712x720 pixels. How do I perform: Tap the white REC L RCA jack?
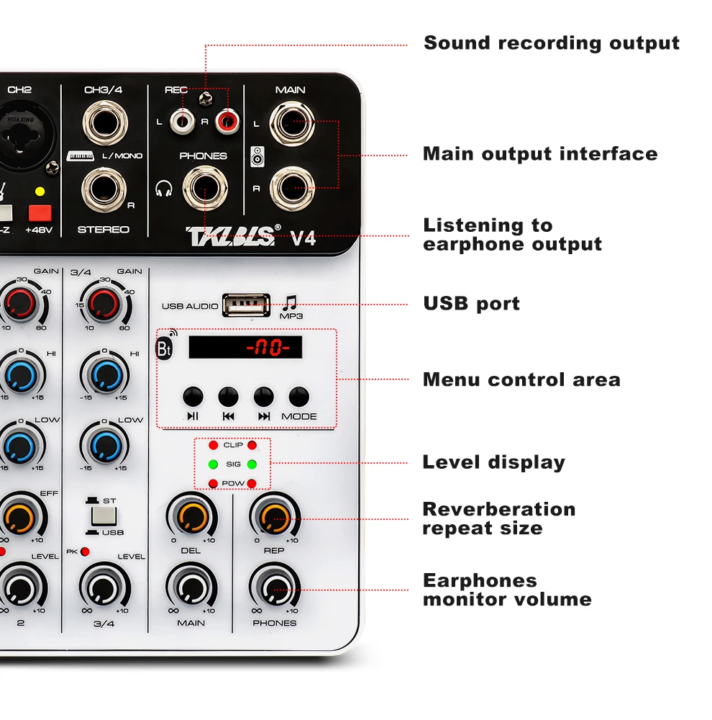coord(183,120)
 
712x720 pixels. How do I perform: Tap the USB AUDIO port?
coord(246,305)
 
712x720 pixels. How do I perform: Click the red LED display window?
coord(245,348)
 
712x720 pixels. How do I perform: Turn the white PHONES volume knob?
coord(274,588)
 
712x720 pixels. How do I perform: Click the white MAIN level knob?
coord(191,588)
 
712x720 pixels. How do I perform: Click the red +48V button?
coord(40,212)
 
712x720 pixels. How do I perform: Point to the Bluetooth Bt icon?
coord(165,348)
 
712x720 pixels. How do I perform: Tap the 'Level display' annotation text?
coord(493,462)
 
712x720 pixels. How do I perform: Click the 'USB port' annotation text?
coord(471,303)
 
